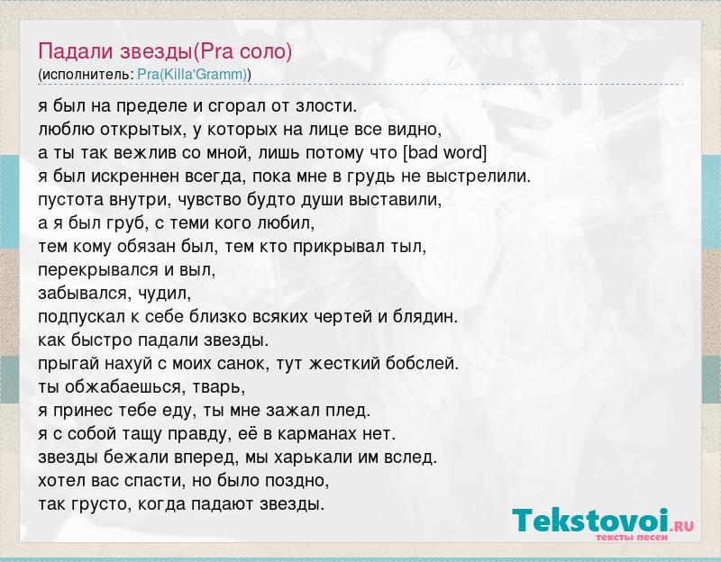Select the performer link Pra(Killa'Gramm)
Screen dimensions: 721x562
click(192, 75)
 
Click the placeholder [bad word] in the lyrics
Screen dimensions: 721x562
click(444, 152)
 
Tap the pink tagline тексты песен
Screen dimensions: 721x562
click(632, 538)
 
